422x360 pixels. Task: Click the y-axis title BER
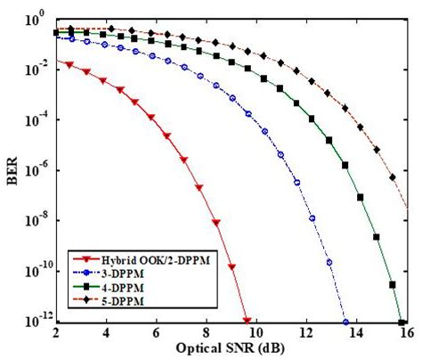[x=12, y=167]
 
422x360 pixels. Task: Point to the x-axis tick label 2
[x=56, y=333]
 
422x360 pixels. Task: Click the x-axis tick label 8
[x=206, y=333]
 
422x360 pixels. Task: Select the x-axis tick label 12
[x=305, y=333]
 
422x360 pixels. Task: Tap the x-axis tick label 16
[x=405, y=333]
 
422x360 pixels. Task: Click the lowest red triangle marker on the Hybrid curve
[x=232, y=267]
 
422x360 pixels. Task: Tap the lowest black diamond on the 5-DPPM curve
[x=393, y=178]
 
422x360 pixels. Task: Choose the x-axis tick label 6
[x=156, y=333]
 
